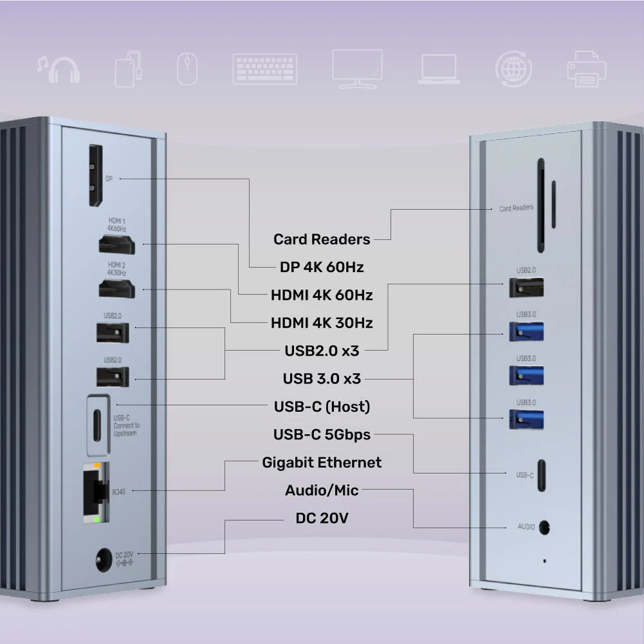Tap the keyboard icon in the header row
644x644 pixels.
tap(264, 69)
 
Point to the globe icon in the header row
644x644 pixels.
tap(513, 69)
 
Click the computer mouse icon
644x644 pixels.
tap(187, 69)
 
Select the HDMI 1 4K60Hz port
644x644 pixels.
tap(116, 244)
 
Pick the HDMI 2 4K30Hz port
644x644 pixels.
tap(116, 289)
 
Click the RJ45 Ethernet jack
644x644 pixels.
tap(94, 490)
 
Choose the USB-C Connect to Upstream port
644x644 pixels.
tap(97, 424)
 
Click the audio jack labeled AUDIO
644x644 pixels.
tap(545, 526)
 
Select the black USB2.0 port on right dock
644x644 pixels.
tap(526, 287)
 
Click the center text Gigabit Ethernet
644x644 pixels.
tap(322, 463)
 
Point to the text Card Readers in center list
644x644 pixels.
tap(322, 239)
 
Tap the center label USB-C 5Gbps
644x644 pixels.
tap(322, 435)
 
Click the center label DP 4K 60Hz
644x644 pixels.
tap(322, 267)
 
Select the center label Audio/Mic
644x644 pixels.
tap(322, 490)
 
